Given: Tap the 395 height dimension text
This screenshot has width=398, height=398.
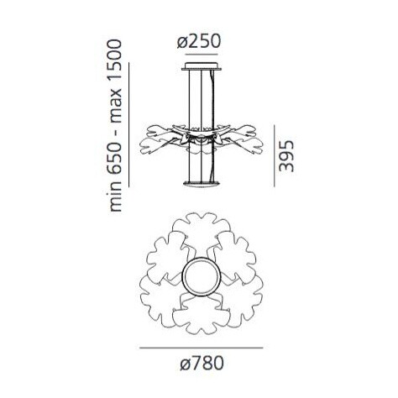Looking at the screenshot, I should click(x=288, y=154).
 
